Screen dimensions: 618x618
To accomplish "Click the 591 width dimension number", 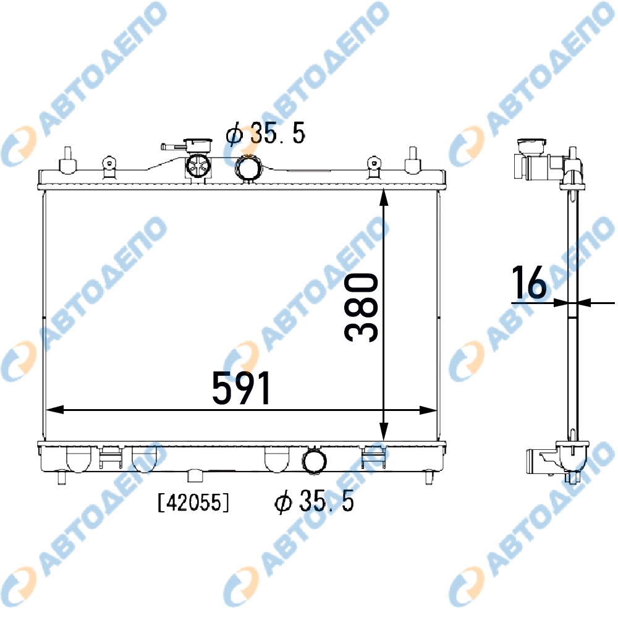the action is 241,388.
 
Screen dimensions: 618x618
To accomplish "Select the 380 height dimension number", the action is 361,307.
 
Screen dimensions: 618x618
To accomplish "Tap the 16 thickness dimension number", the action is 529,282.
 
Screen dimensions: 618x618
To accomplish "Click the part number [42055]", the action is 193,502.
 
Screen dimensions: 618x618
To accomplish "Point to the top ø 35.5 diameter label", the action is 266,133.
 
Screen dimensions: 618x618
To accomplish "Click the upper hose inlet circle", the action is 248,168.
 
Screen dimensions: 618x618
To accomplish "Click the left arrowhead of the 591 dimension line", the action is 55,410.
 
